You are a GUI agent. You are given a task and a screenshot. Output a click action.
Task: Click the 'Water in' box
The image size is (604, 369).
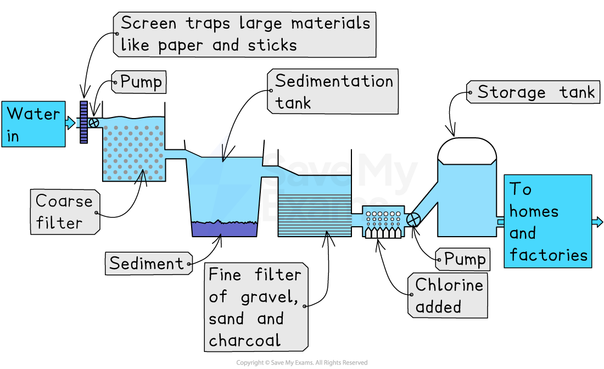pyautogui.click(x=33, y=124)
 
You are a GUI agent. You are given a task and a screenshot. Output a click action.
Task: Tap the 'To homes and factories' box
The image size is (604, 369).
pyautogui.click(x=547, y=221)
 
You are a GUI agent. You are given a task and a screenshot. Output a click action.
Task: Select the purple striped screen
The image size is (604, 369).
pyautogui.click(x=84, y=122)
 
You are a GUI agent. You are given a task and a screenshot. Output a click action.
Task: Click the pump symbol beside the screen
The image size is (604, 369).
pyautogui.click(x=94, y=122)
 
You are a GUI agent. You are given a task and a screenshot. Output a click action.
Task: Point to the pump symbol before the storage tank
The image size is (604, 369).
pyautogui.click(x=413, y=219)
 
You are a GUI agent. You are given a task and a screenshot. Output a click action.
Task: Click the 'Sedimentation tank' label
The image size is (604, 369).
pyautogui.click(x=333, y=92)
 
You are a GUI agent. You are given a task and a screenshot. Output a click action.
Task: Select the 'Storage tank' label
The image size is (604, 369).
pyautogui.click(x=535, y=92)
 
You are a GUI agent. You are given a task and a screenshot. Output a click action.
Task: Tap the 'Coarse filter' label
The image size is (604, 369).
pyautogui.click(x=65, y=212)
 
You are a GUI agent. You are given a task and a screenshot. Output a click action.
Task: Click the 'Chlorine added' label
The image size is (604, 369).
pyautogui.click(x=448, y=295)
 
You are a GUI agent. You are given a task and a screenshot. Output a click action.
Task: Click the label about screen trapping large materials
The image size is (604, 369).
pyautogui.click(x=245, y=35)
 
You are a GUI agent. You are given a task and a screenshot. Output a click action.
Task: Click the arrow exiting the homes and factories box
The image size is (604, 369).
pyautogui.click(x=597, y=222)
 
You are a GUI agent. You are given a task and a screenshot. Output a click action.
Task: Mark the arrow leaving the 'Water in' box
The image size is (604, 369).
pyautogui.click(x=70, y=123)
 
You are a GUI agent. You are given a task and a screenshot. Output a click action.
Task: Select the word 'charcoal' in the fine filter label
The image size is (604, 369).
pyautogui.click(x=245, y=340)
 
